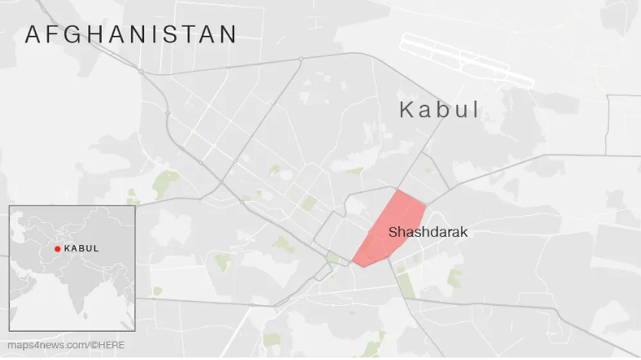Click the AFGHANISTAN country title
click(131, 35)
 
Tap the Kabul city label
click(439, 110)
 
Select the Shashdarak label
click(428, 232)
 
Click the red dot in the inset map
click(57, 249)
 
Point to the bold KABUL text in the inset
click(81, 249)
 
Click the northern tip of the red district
click(397, 190)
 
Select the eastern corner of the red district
click(426, 206)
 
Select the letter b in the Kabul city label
click(440, 110)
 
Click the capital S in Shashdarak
click(393, 232)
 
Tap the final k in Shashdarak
click(464, 232)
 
